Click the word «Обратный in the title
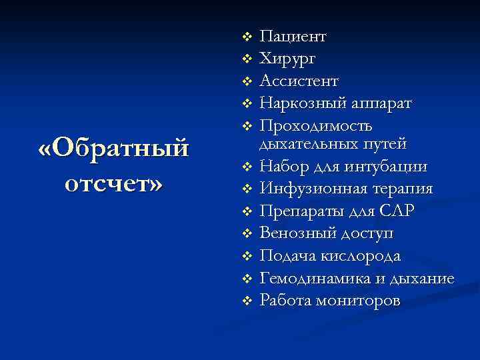pyautogui.click(x=114, y=149)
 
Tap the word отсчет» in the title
pyautogui.click(x=114, y=183)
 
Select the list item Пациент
pyautogui.click(x=293, y=36)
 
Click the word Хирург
pyautogui.click(x=288, y=59)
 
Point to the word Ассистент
pyautogui.click(x=299, y=81)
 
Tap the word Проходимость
pyautogui.click(x=316, y=126)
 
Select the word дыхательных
pyautogui.click(x=306, y=143)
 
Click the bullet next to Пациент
pyautogui.click(x=246, y=35)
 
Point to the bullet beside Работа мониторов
pyautogui.click(x=246, y=301)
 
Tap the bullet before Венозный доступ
pyautogui.click(x=246, y=233)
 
